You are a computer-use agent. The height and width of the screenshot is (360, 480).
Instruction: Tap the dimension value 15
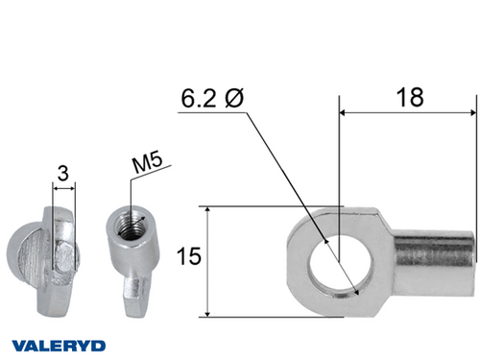189,258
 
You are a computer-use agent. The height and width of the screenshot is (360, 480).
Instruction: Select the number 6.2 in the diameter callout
198,100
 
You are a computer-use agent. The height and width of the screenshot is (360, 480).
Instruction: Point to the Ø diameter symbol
234,100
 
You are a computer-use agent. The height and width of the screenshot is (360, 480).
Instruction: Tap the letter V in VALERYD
16,344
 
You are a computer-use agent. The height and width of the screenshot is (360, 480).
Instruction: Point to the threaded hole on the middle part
126,228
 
